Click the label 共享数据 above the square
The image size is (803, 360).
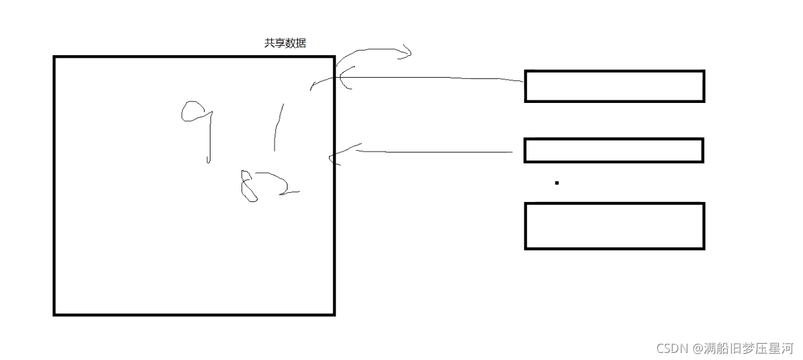pos(285,44)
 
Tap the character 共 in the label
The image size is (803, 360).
pos(269,44)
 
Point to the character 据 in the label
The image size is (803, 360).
pos(301,44)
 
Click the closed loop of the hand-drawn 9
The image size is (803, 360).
pos(192,112)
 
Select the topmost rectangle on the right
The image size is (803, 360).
pos(614,86)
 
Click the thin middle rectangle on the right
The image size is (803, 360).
pos(613,150)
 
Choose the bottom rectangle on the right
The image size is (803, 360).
pos(614,226)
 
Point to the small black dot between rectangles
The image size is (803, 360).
pos(556,183)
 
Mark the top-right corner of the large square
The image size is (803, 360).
pos(334,57)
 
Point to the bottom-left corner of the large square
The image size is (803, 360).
pos(54,314)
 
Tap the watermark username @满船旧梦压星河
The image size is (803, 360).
pos(743,348)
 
